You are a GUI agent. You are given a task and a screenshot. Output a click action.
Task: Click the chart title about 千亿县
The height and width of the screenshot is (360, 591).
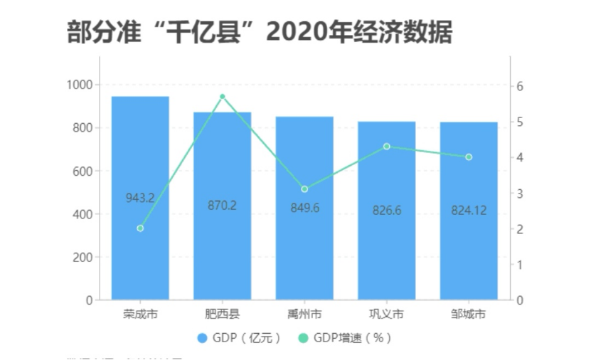click(x=259, y=32)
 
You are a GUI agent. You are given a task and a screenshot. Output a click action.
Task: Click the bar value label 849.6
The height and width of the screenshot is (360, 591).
click(x=304, y=208)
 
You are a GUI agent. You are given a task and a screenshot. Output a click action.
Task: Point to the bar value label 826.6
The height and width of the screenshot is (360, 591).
click(x=386, y=211)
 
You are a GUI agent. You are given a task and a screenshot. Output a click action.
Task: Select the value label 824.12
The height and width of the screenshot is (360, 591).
click(x=469, y=211)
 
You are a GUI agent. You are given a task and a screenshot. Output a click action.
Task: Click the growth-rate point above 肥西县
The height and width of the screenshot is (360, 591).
click(x=222, y=96)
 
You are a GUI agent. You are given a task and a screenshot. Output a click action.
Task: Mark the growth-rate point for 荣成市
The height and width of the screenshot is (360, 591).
click(x=140, y=228)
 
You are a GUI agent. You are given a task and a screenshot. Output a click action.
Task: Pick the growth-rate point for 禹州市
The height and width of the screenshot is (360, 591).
click(x=304, y=189)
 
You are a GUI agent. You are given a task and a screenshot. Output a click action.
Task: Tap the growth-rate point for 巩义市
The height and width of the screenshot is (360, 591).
click(x=386, y=147)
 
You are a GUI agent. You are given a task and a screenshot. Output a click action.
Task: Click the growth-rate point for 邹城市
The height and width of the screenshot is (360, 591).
click(x=469, y=157)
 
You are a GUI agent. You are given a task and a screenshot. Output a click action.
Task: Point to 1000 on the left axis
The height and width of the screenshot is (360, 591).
click(x=80, y=85)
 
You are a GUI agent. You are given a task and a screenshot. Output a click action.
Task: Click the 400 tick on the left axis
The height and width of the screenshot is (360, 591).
click(x=82, y=214)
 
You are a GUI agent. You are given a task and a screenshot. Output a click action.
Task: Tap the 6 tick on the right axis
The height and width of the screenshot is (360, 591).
click(x=520, y=86)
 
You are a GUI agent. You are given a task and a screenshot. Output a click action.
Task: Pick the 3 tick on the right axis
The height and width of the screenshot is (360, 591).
click(x=520, y=194)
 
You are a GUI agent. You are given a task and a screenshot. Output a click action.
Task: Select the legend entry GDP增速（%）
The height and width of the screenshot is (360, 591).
click(x=344, y=338)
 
